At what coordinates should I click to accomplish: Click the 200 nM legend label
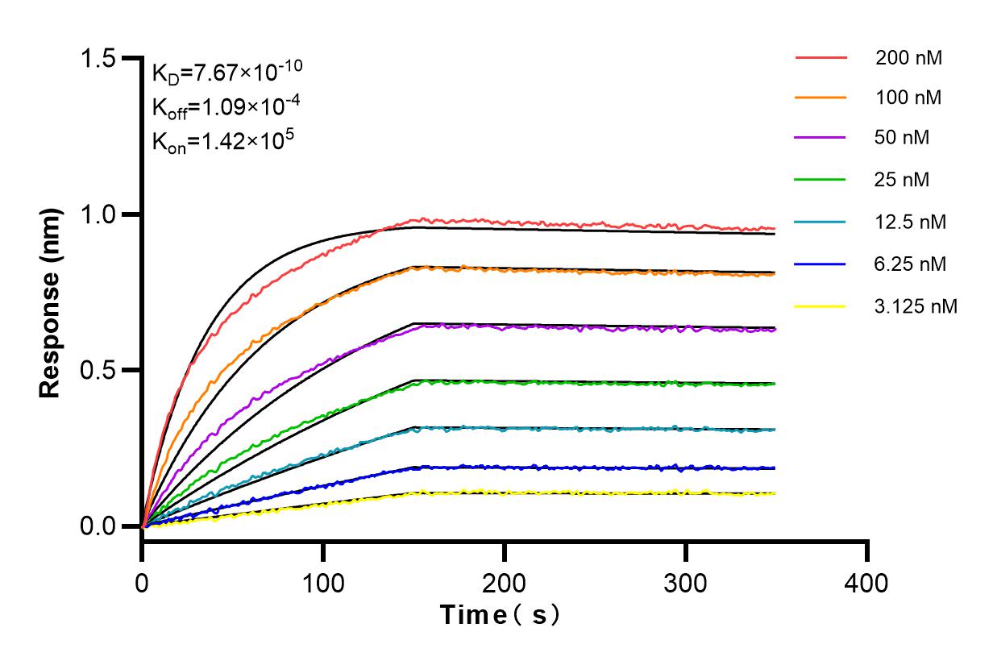tap(909, 58)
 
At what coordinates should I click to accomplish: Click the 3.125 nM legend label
tap(916, 305)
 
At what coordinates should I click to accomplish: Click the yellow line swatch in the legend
tap(821, 305)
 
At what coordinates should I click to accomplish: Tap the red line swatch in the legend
tap(821, 58)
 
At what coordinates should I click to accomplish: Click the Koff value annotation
tap(216, 106)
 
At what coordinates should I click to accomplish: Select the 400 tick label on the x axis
tap(867, 582)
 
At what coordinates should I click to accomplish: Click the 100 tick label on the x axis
tap(323, 582)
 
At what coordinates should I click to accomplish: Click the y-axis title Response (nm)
tap(52, 293)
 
